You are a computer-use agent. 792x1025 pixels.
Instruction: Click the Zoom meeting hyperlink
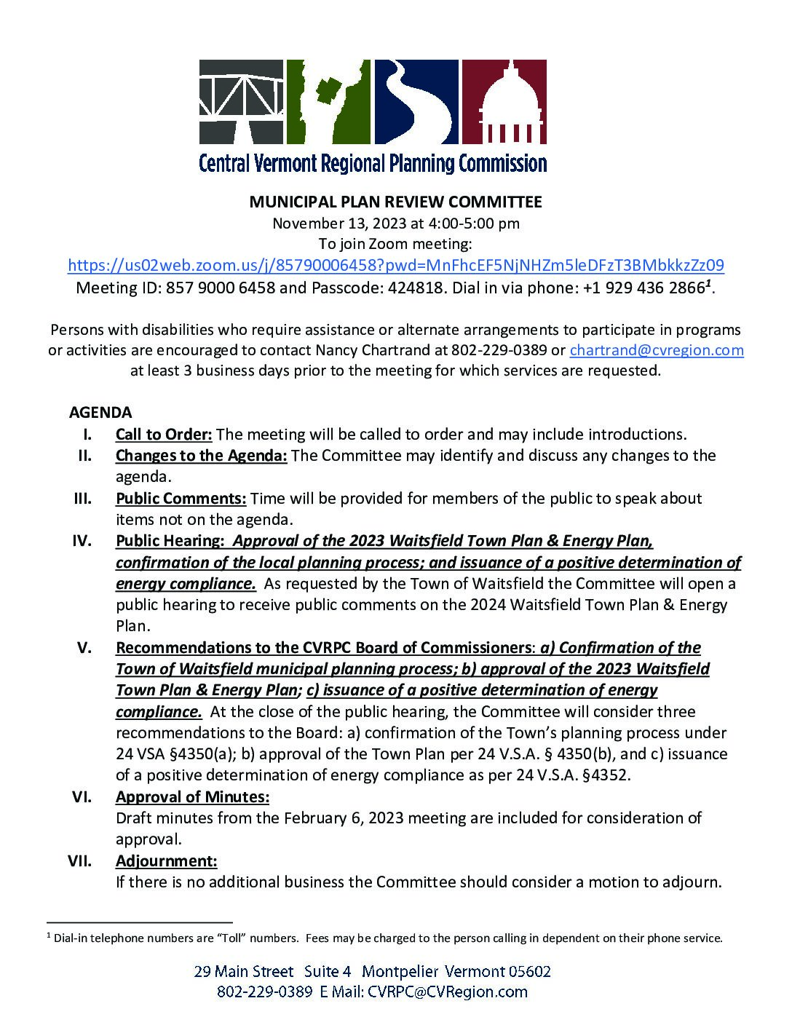[395, 265]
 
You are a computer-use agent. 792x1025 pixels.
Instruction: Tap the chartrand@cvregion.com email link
[656, 350]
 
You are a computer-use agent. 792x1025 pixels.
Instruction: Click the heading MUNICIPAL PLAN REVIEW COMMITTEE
[395, 202]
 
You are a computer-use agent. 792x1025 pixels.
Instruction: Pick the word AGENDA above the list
[100, 413]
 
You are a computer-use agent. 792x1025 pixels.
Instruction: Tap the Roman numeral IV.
[82, 541]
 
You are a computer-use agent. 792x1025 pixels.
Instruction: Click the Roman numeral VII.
[79, 861]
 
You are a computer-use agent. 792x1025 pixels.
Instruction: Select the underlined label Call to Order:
[164, 435]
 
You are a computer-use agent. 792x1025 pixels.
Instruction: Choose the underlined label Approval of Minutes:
[192, 797]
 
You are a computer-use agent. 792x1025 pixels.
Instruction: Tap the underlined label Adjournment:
[166, 861]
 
